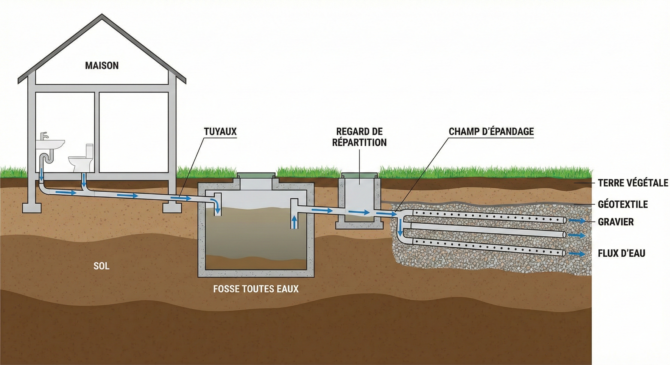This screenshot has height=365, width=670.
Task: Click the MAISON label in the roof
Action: click(102, 65)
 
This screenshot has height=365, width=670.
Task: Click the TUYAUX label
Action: click(220, 131)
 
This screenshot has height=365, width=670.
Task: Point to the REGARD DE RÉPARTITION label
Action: click(360, 137)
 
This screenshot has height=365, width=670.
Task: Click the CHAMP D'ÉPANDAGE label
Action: click(491, 131)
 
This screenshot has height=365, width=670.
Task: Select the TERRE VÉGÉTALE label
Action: click(633, 183)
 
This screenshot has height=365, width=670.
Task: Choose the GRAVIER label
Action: click(616, 222)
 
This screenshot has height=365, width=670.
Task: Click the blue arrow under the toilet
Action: click(84, 179)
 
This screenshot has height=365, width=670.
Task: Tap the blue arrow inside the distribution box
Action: click(359, 212)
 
